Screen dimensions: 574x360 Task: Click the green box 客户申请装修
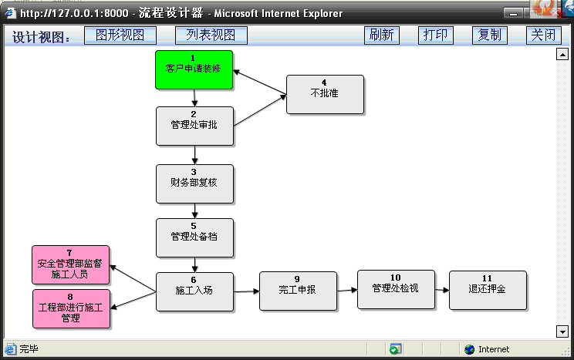[194, 70]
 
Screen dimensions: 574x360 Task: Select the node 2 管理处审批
[194, 126]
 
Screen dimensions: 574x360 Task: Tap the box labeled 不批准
[325, 95]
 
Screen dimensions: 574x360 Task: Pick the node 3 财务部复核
[194, 184]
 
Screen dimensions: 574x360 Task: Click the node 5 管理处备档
[194, 238]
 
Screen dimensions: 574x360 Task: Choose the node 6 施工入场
[194, 292]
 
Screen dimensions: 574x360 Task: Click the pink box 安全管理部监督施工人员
[71, 265]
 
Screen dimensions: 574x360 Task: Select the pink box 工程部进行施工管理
[72, 309]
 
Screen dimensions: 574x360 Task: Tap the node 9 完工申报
[298, 291]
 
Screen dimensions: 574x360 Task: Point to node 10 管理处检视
[396, 290]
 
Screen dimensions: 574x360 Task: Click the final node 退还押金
[488, 291]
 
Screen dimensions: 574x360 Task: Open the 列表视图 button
[211, 35]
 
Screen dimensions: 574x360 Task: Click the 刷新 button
[381, 35]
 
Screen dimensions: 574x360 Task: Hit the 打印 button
[436, 35]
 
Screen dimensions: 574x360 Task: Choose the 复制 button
[489, 35]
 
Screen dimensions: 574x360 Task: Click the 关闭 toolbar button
[543, 35]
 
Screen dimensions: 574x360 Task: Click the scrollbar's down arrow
[562, 331]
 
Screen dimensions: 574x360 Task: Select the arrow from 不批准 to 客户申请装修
[259, 82]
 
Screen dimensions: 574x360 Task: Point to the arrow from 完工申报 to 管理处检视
[347, 291]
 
